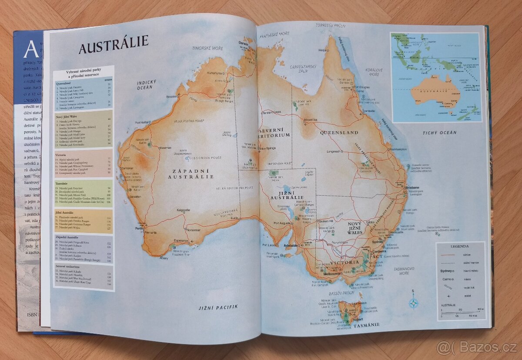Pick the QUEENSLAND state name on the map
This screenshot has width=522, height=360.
point(339,132)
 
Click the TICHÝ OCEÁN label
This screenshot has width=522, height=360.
point(439,132)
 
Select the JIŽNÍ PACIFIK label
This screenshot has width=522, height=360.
point(218,307)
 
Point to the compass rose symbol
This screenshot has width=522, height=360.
point(413,303)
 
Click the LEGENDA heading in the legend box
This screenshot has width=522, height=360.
point(460,246)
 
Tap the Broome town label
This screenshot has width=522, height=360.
point(171,96)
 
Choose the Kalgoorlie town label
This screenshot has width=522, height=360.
point(183,210)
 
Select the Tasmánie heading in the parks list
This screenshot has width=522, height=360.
point(64,183)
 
